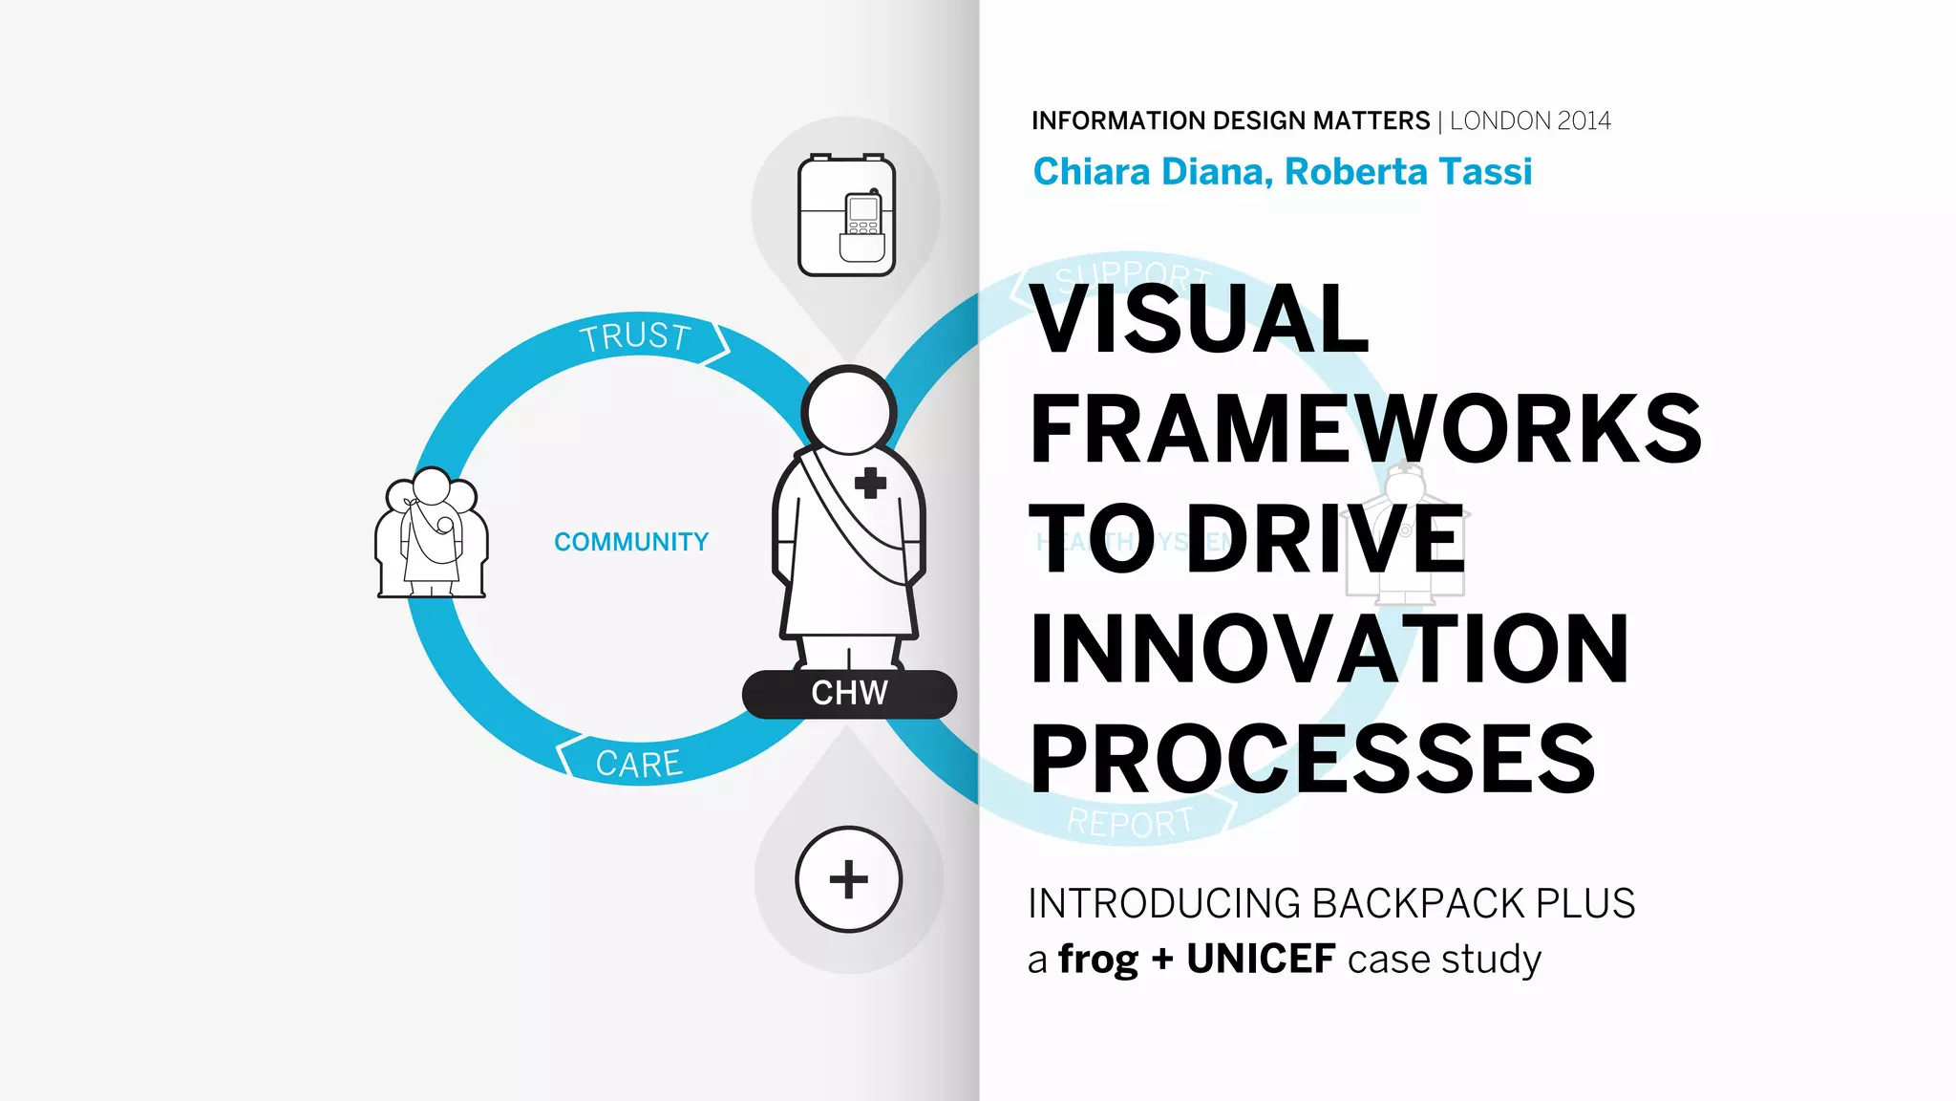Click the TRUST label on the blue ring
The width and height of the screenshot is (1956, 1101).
[635, 337]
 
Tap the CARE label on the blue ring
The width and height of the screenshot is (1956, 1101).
[639, 764]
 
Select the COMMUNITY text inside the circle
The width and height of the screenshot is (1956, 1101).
[631, 542]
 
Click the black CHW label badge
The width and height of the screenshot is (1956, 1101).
[849, 694]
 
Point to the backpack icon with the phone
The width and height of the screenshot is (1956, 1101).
[846, 216]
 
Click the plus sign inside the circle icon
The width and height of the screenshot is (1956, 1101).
[848, 879]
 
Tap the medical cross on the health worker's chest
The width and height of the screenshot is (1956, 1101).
[870, 484]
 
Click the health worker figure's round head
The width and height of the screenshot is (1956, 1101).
[848, 412]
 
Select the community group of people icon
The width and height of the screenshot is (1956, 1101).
[432, 534]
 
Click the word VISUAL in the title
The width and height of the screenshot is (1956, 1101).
[1201, 319]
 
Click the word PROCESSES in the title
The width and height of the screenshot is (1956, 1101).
[1312, 759]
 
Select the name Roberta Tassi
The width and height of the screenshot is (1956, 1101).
[1408, 172]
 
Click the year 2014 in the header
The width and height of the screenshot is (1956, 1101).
[1584, 121]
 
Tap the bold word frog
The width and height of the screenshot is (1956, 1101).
[1098, 960]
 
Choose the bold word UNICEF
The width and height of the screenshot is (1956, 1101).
[1261, 960]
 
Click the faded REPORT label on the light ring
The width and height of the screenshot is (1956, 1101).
[1130, 823]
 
